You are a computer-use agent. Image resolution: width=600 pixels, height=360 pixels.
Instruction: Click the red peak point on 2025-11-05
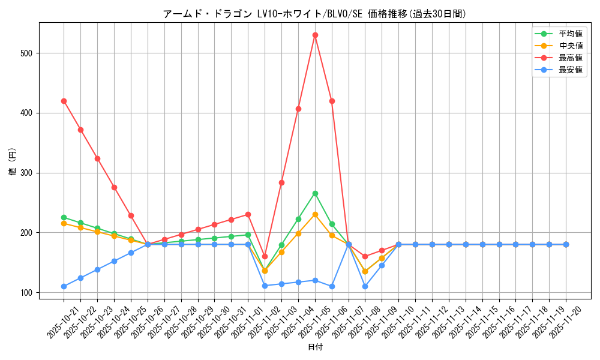pos(315,35)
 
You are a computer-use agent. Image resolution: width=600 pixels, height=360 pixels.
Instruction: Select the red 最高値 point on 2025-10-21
pos(64,101)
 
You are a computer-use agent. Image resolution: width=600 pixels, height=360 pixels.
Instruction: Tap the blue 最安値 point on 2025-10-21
pos(64,286)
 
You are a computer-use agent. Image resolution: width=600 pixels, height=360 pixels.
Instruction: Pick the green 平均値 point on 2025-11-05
pos(315,193)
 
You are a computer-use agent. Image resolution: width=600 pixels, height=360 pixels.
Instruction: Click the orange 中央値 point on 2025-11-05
pos(315,214)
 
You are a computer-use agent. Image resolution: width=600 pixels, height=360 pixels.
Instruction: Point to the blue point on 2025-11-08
pos(365,286)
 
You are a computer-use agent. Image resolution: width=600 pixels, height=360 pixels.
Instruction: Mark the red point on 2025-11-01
pos(248,214)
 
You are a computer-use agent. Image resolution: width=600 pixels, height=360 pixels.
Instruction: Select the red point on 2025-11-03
pos(281,182)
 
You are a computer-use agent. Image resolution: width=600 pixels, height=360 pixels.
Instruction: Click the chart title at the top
pos(314,13)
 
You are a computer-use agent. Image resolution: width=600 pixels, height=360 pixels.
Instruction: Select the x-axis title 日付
pos(315,347)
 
